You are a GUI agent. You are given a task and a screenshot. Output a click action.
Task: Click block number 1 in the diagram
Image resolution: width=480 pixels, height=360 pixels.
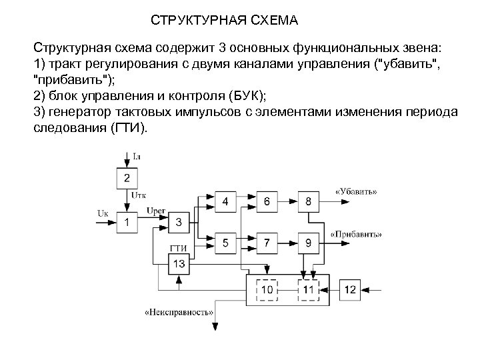tap(127, 222)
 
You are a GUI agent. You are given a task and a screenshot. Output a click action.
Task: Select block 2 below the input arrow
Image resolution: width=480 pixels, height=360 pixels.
tap(127, 178)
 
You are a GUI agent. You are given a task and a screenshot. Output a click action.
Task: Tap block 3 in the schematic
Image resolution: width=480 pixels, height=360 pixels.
tap(178, 222)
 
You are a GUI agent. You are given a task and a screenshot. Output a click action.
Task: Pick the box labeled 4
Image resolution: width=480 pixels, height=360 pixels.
tap(226, 201)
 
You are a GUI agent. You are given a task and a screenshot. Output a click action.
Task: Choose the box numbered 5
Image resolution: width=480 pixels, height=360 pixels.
tap(226, 243)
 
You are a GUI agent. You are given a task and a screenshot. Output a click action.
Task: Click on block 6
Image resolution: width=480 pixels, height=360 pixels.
tap(267, 201)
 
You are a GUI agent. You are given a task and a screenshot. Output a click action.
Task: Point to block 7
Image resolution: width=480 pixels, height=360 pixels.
tap(267, 243)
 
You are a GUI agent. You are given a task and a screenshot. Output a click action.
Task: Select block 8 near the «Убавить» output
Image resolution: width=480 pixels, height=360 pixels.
tap(307, 201)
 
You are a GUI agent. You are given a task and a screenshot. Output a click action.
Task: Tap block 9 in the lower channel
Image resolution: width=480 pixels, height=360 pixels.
tap(307, 243)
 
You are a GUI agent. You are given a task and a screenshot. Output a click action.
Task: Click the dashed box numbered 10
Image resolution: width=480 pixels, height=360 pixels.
tap(267, 289)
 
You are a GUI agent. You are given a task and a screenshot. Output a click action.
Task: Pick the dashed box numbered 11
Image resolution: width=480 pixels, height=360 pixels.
tap(307, 289)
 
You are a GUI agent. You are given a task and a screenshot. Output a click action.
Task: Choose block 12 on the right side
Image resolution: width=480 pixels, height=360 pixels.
tap(351, 289)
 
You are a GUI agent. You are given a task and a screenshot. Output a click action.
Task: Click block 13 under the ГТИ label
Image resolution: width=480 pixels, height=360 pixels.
tap(178, 264)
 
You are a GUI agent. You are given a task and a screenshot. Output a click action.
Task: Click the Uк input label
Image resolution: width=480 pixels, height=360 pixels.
tap(103, 213)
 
